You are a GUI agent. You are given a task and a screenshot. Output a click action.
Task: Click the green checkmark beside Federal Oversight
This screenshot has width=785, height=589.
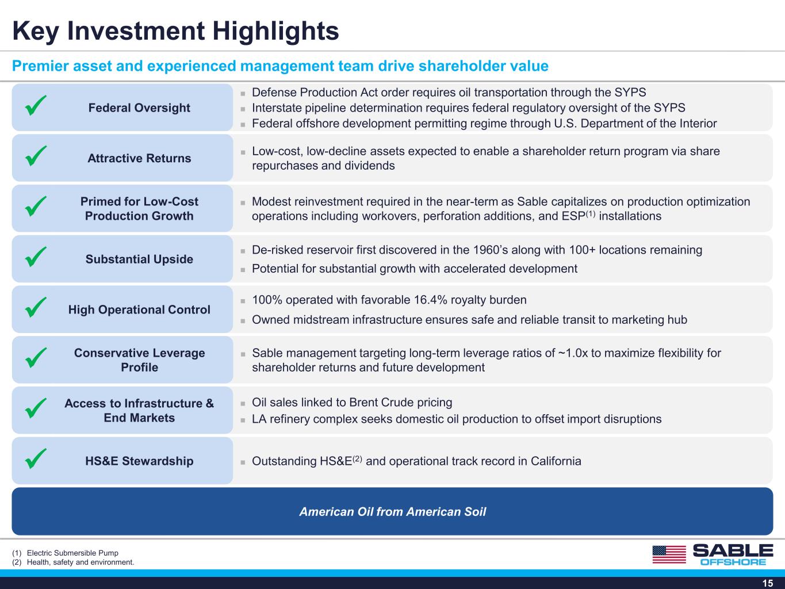(36, 105)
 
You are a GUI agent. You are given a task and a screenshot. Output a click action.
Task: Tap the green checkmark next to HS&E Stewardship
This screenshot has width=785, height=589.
(36, 458)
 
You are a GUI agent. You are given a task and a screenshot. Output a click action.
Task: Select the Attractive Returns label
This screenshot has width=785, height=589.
(139, 158)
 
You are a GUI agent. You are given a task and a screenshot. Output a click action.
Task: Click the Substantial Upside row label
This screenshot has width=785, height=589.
(139, 259)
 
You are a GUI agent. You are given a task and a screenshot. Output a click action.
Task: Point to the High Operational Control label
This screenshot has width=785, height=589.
(139, 309)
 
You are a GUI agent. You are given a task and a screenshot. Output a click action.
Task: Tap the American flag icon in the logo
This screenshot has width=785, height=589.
(669, 554)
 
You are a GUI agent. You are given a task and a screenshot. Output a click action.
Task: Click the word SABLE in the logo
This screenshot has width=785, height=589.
(733, 550)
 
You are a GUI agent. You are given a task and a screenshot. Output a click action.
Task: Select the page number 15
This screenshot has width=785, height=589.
(768, 583)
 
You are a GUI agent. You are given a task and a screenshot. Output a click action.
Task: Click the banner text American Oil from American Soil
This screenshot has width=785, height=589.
(393, 512)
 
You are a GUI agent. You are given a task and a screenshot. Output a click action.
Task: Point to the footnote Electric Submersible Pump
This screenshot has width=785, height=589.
(72, 553)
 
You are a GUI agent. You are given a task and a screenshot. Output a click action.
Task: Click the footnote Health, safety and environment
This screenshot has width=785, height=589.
(81, 562)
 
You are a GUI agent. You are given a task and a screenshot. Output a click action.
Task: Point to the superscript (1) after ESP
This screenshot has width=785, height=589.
(591, 213)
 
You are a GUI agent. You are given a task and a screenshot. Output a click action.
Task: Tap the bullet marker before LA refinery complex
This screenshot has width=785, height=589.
(243, 420)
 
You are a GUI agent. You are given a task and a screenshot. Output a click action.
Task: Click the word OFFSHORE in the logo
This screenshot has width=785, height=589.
(733, 562)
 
